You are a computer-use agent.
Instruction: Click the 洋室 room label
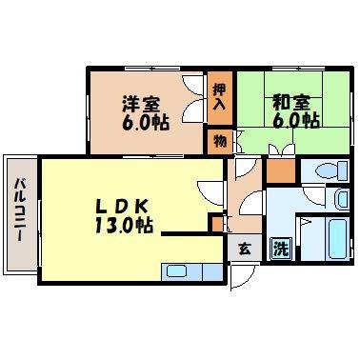142,104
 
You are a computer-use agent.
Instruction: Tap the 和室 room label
290,103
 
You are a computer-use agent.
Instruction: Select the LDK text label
122,208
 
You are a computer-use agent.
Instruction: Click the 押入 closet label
220,97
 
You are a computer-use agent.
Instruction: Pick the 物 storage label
220,141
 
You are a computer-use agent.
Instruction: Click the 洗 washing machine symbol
281,249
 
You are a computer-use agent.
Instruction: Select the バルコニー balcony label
21,210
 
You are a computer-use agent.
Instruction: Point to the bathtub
339,239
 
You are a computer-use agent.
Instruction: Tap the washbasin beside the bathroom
342,199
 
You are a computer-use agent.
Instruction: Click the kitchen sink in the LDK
177,272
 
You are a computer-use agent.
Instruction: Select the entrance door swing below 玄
243,277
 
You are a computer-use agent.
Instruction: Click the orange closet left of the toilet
281,170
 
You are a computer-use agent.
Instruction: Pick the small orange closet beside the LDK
217,224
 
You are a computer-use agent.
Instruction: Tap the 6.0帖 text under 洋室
146,122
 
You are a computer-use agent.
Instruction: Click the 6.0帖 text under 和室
296,120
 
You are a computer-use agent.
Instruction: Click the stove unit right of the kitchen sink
213,272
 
